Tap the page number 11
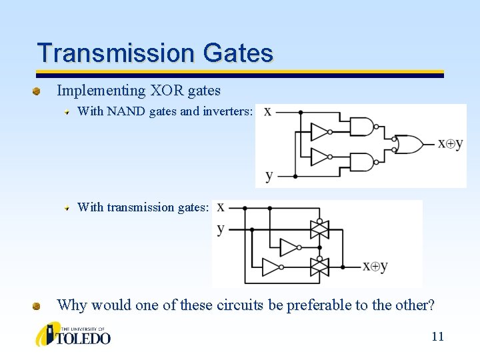437,336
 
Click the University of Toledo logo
73,334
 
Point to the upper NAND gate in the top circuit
363,127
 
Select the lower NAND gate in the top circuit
363,161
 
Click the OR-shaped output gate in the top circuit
407,143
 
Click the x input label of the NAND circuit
267,112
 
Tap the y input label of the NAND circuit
269,176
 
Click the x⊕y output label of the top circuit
450,143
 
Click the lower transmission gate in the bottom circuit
321,267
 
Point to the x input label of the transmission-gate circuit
221,208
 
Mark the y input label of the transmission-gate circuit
221,229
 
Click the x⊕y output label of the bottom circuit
375,267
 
